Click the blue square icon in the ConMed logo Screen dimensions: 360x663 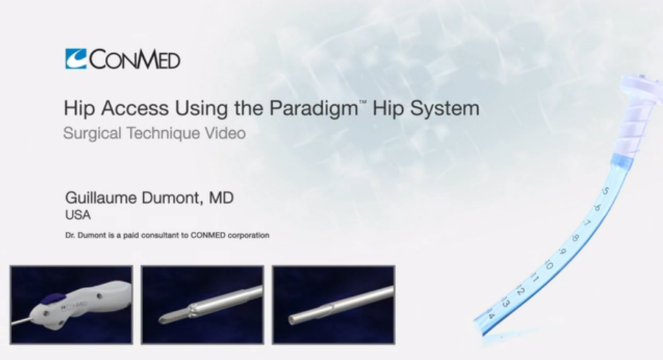tap(76, 59)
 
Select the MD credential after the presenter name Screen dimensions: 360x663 tap(221, 198)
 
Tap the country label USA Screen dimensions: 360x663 tap(78, 215)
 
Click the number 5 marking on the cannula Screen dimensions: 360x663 tap(605, 192)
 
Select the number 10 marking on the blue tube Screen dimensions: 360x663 tap(548, 265)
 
